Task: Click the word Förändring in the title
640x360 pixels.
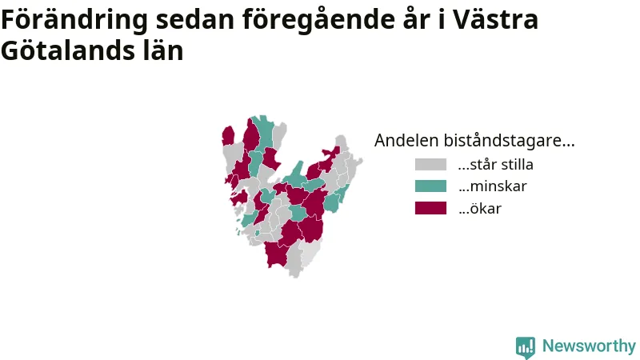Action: pos(74,19)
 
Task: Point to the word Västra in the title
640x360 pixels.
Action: pos(495,19)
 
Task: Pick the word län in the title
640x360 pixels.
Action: pos(163,50)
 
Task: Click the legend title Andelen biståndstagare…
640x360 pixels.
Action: pos(474,141)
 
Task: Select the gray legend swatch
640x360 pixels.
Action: pos(430,165)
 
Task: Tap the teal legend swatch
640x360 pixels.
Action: pos(430,186)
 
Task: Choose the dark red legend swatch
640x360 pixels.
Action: pos(430,208)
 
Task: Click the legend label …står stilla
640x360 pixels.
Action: pos(495,165)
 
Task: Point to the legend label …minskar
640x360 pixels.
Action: pos(492,186)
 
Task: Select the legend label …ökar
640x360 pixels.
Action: pos(479,208)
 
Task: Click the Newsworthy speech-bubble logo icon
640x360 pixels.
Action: pos(526,347)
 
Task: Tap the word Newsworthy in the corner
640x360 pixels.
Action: pos(589,346)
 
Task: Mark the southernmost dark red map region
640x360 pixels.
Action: pos(275,254)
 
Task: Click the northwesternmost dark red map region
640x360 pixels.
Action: pos(228,136)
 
